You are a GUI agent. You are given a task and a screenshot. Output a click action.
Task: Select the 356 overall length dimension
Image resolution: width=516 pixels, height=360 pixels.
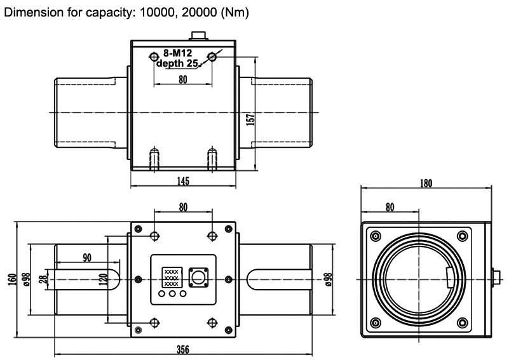click(183, 350)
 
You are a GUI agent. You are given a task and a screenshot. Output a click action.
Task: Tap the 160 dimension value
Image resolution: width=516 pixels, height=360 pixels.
click(11, 279)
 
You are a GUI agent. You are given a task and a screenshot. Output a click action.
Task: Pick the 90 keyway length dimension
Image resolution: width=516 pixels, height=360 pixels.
click(86, 258)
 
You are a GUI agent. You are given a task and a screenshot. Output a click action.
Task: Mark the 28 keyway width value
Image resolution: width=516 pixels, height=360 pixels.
click(43, 279)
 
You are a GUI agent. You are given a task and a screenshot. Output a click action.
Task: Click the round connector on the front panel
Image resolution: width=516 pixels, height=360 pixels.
click(198, 277)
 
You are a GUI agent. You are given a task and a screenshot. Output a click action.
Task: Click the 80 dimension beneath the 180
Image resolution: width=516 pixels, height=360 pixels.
click(390, 206)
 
